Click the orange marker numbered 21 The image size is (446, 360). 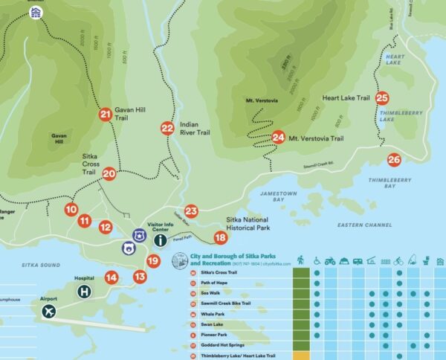tap(106, 115)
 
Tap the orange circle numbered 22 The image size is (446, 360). tap(167, 128)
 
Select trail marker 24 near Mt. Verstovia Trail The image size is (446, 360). tap(278, 137)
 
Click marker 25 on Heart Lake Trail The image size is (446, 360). tap(382, 97)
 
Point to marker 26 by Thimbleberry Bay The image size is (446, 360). tap(394, 159)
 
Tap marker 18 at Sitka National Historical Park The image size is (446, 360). tap(220, 238)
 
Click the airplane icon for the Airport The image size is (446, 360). tap(49, 310)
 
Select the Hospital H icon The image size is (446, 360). tap(85, 291)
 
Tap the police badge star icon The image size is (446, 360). tap(138, 234)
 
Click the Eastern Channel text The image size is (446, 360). tap(364, 225)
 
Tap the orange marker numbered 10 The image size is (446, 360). tap(71, 210)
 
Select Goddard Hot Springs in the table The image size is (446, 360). tap(224, 346)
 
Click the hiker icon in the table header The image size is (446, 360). tap(301, 261)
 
